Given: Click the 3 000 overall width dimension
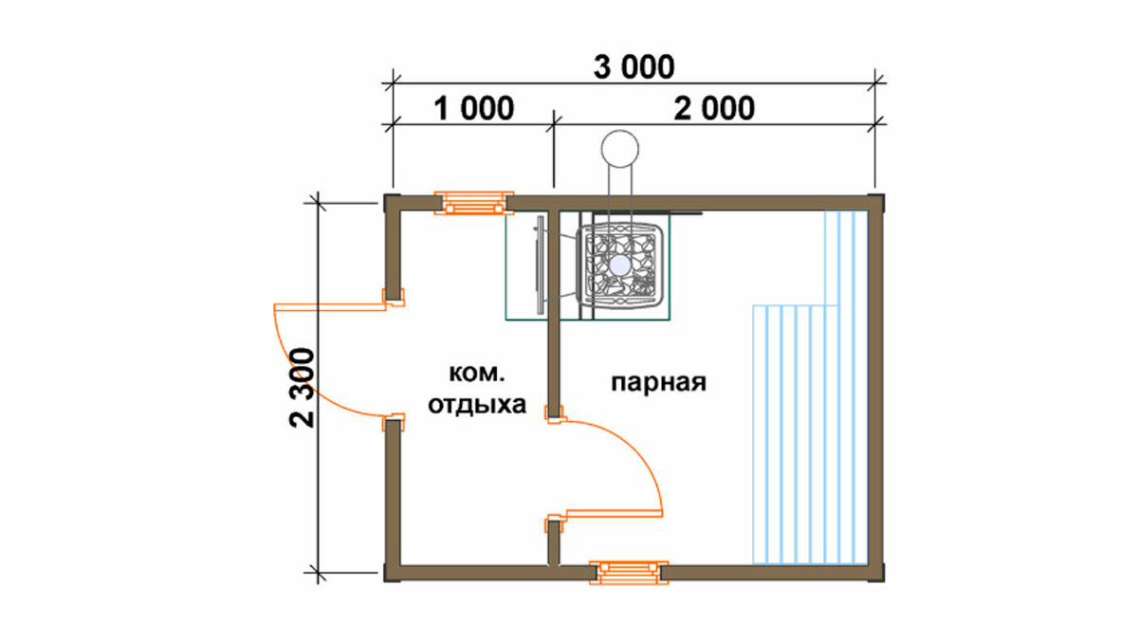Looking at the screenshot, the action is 634,67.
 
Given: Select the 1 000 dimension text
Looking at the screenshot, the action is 473,108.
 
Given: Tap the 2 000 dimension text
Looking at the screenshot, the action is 714,108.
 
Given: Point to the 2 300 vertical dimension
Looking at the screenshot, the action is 302,388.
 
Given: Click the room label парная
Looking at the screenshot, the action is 658,382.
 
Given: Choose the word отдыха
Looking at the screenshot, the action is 477,406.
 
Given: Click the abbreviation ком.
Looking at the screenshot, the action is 476,374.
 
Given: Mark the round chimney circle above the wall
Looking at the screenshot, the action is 620,148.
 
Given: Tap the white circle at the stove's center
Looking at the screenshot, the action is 620,265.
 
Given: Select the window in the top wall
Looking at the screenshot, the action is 474,203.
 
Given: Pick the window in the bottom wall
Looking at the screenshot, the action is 629,573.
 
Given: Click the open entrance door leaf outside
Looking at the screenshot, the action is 330,307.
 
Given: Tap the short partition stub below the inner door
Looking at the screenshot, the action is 554,542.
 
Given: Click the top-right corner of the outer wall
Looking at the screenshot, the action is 884,194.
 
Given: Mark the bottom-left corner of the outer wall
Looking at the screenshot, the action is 385,581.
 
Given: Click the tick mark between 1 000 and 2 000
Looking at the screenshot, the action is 554,124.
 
